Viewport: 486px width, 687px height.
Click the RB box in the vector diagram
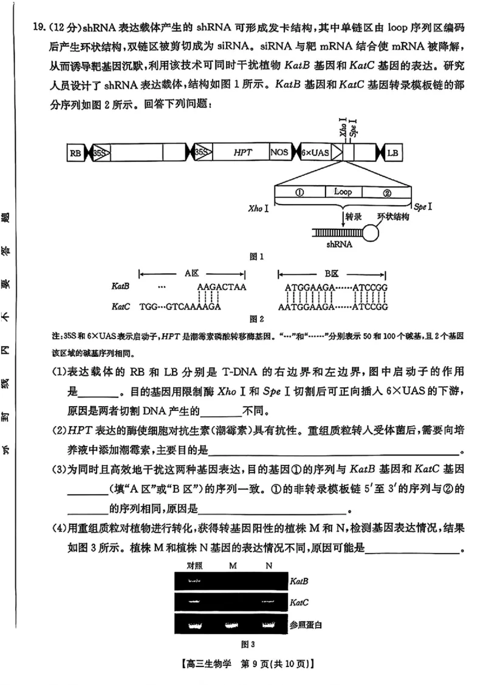(x=75, y=154)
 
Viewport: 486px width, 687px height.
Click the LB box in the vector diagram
(x=393, y=154)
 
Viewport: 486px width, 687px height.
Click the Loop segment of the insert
(x=343, y=192)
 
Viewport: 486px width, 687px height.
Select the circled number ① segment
(x=299, y=192)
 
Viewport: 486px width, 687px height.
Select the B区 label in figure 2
(x=332, y=273)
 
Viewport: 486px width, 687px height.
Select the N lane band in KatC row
(x=269, y=602)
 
